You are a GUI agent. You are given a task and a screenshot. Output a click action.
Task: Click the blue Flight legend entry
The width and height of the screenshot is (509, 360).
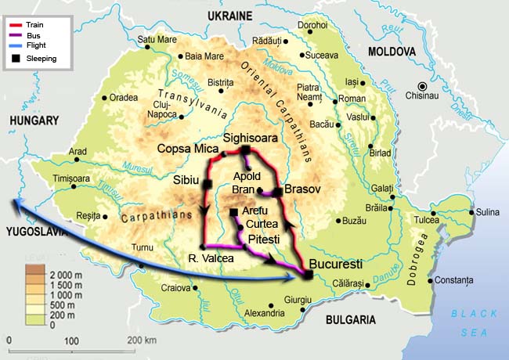click(x=15, y=46)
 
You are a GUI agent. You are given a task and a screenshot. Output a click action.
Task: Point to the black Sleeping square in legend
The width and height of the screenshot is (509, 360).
click(x=15, y=58)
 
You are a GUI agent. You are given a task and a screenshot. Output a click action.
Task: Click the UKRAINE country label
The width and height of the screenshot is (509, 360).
click(x=231, y=16)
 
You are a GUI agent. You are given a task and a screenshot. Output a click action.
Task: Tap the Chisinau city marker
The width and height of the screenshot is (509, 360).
click(x=423, y=86)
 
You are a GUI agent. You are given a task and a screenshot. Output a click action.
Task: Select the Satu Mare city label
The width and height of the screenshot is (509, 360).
click(x=157, y=39)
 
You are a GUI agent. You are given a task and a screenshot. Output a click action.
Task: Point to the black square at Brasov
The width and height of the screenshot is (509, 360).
click(x=277, y=192)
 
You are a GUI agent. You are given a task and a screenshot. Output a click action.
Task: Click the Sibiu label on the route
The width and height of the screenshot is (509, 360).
click(x=186, y=180)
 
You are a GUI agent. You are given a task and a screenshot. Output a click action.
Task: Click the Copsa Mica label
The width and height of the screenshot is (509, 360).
click(x=186, y=147)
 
